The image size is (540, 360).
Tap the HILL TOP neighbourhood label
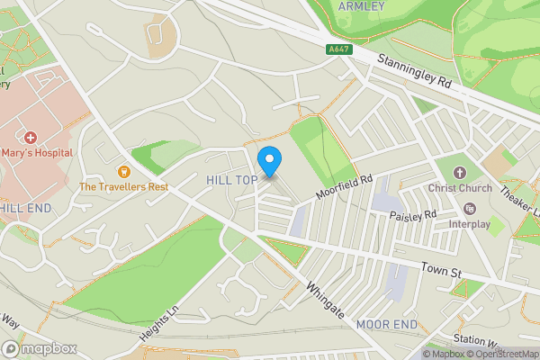coord(231,181)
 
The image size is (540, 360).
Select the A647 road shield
coord(338,49)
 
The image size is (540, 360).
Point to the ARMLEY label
coord(361,6)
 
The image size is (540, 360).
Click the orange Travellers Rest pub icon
coord(124,170)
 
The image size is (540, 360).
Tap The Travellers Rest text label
coord(124,187)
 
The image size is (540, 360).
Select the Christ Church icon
coord(460,172)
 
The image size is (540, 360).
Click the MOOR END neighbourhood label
coord(386,323)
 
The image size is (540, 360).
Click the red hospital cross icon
coord(31,138)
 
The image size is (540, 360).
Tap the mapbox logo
coord(38,348)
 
